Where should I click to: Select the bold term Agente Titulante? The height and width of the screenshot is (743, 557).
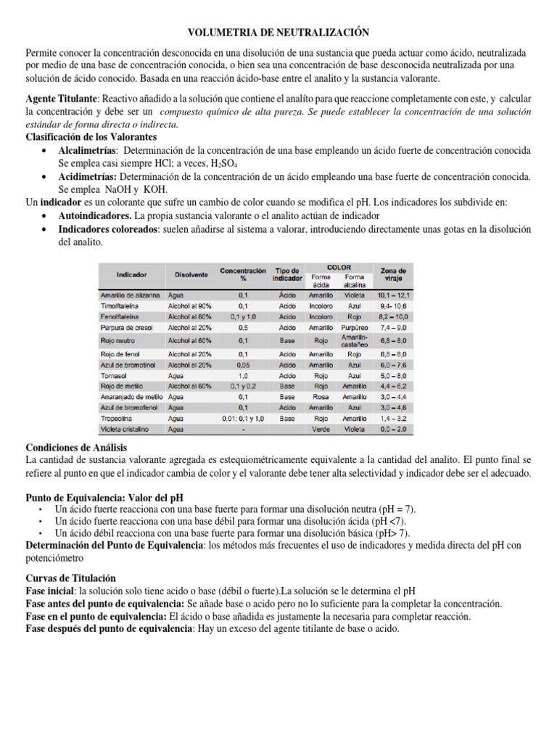tap(61, 98)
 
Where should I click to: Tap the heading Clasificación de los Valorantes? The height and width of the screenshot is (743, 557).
tap(91, 136)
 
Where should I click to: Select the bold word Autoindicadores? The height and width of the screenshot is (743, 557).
tap(94, 216)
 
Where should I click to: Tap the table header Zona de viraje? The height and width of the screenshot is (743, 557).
tap(394, 274)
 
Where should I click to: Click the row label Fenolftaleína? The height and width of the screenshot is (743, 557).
tap(120, 317)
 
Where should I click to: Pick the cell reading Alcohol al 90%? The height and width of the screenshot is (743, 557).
tap(189, 306)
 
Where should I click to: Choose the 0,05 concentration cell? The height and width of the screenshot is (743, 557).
tap(243, 364)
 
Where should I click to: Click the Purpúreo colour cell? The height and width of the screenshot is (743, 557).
tap(354, 328)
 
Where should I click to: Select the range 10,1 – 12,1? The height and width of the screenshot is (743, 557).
tap(394, 295)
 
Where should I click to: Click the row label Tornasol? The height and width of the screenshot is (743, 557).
tap(114, 375)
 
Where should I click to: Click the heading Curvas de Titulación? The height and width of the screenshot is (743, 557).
tap(70, 578)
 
